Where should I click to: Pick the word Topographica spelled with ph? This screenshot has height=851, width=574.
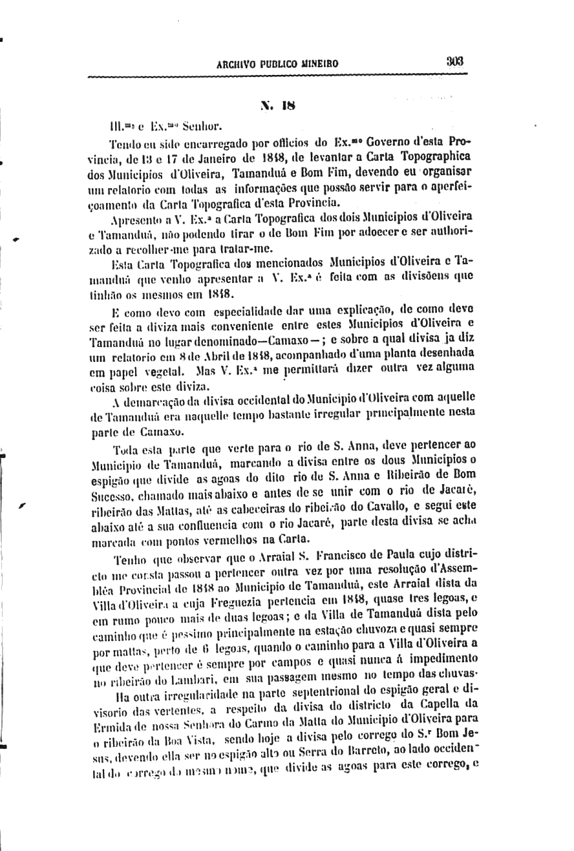click(436, 157)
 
